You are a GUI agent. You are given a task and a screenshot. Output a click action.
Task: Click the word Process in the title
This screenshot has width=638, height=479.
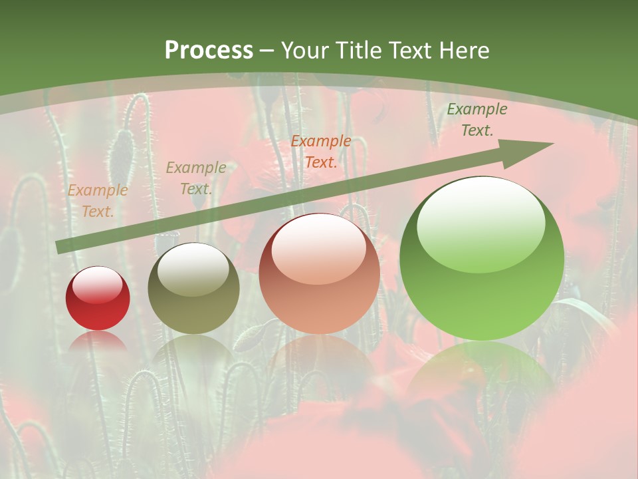coord(209,51)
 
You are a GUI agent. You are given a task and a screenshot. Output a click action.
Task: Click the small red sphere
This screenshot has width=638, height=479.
coord(98,299)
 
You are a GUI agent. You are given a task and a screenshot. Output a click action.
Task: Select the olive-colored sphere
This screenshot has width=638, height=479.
coord(193,288)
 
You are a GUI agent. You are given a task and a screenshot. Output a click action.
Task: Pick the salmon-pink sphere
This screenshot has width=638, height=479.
coord(319,273)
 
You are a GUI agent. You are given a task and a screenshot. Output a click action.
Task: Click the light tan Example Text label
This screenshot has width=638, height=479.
coord(98,201)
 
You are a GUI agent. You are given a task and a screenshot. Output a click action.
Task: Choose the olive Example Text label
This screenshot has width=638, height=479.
coord(196,178)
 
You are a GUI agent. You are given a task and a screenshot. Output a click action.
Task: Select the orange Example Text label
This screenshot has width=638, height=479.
coord(321,151)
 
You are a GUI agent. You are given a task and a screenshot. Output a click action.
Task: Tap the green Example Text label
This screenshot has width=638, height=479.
coord(477,120)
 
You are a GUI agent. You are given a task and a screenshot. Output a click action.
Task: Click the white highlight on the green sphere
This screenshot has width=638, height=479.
coord(481,223)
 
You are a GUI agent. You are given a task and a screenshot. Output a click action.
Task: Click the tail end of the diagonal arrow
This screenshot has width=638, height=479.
coord(60,247)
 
